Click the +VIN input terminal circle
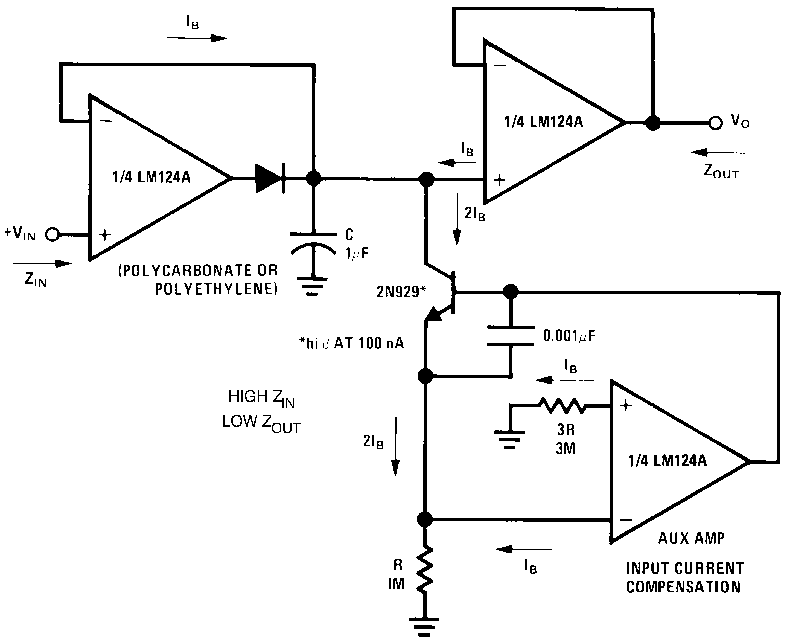tap(52, 234)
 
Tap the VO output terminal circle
tap(715, 123)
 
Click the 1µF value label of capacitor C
tap(357, 254)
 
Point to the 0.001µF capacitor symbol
tap(511, 336)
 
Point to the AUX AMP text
tap(691, 538)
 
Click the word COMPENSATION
tap(683, 587)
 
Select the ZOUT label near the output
tap(721, 172)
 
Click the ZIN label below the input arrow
tap(36, 280)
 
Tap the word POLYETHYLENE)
tap(216, 289)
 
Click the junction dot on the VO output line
tap(653, 123)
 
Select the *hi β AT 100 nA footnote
tap(351, 344)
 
